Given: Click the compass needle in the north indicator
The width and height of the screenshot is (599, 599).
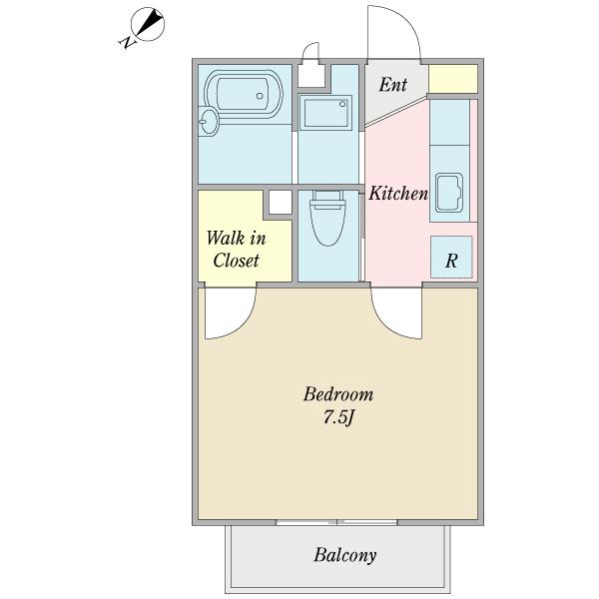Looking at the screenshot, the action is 150,23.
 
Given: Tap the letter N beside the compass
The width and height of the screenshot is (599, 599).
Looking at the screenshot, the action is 128,42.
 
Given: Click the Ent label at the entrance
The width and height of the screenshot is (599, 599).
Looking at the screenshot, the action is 392,85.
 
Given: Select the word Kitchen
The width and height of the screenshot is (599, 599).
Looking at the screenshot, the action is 398,194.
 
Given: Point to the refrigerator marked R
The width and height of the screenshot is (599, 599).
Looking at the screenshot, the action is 451,258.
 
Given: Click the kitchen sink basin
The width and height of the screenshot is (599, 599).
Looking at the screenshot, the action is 449,193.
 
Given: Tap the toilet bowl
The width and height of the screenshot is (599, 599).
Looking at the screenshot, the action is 327,219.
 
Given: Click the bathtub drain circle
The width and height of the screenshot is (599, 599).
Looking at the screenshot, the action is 260,96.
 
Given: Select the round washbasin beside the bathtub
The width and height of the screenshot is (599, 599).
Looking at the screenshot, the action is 209,122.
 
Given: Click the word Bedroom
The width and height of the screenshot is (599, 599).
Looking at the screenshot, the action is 338,394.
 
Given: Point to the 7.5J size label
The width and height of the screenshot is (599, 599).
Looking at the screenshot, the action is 338,417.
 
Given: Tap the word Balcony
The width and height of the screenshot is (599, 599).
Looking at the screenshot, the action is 345,555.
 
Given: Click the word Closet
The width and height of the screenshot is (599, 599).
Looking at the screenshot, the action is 236,261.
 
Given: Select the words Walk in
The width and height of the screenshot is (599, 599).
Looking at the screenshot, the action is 236,239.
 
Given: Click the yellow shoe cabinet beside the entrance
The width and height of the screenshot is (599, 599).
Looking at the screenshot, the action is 453,79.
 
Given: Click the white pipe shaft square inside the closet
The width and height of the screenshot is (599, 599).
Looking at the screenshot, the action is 280,203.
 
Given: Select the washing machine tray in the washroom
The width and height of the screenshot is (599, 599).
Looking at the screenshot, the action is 326,113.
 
